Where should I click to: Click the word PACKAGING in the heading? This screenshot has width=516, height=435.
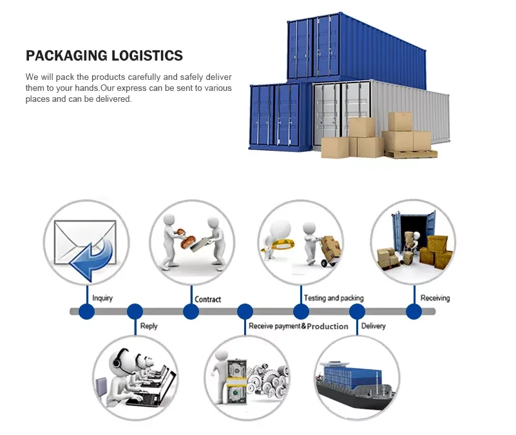point(62,56)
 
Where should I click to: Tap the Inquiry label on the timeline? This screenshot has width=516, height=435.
point(102,298)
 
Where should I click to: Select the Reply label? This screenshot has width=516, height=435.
point(149,326)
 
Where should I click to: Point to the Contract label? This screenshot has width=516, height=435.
point(208,299)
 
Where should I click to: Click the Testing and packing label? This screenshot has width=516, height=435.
point(334,298)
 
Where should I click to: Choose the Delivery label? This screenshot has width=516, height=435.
point(374,326)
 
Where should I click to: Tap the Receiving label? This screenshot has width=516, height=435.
point(435,298)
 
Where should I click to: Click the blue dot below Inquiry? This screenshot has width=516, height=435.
point(86,312)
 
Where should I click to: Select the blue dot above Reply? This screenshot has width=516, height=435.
point(135,312)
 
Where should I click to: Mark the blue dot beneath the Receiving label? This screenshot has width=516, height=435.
point(414,312)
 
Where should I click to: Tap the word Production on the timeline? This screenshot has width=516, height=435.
point(328,326)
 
